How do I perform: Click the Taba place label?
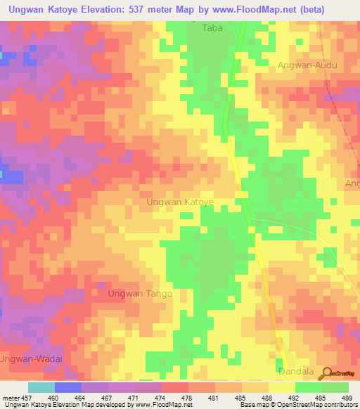point(212,29)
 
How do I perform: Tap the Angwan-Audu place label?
point(307,65)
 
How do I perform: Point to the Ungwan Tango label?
point(140,295)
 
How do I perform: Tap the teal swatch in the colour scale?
point(41,387)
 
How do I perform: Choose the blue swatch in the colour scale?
point(67,387)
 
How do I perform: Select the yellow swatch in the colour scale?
point(281,387)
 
